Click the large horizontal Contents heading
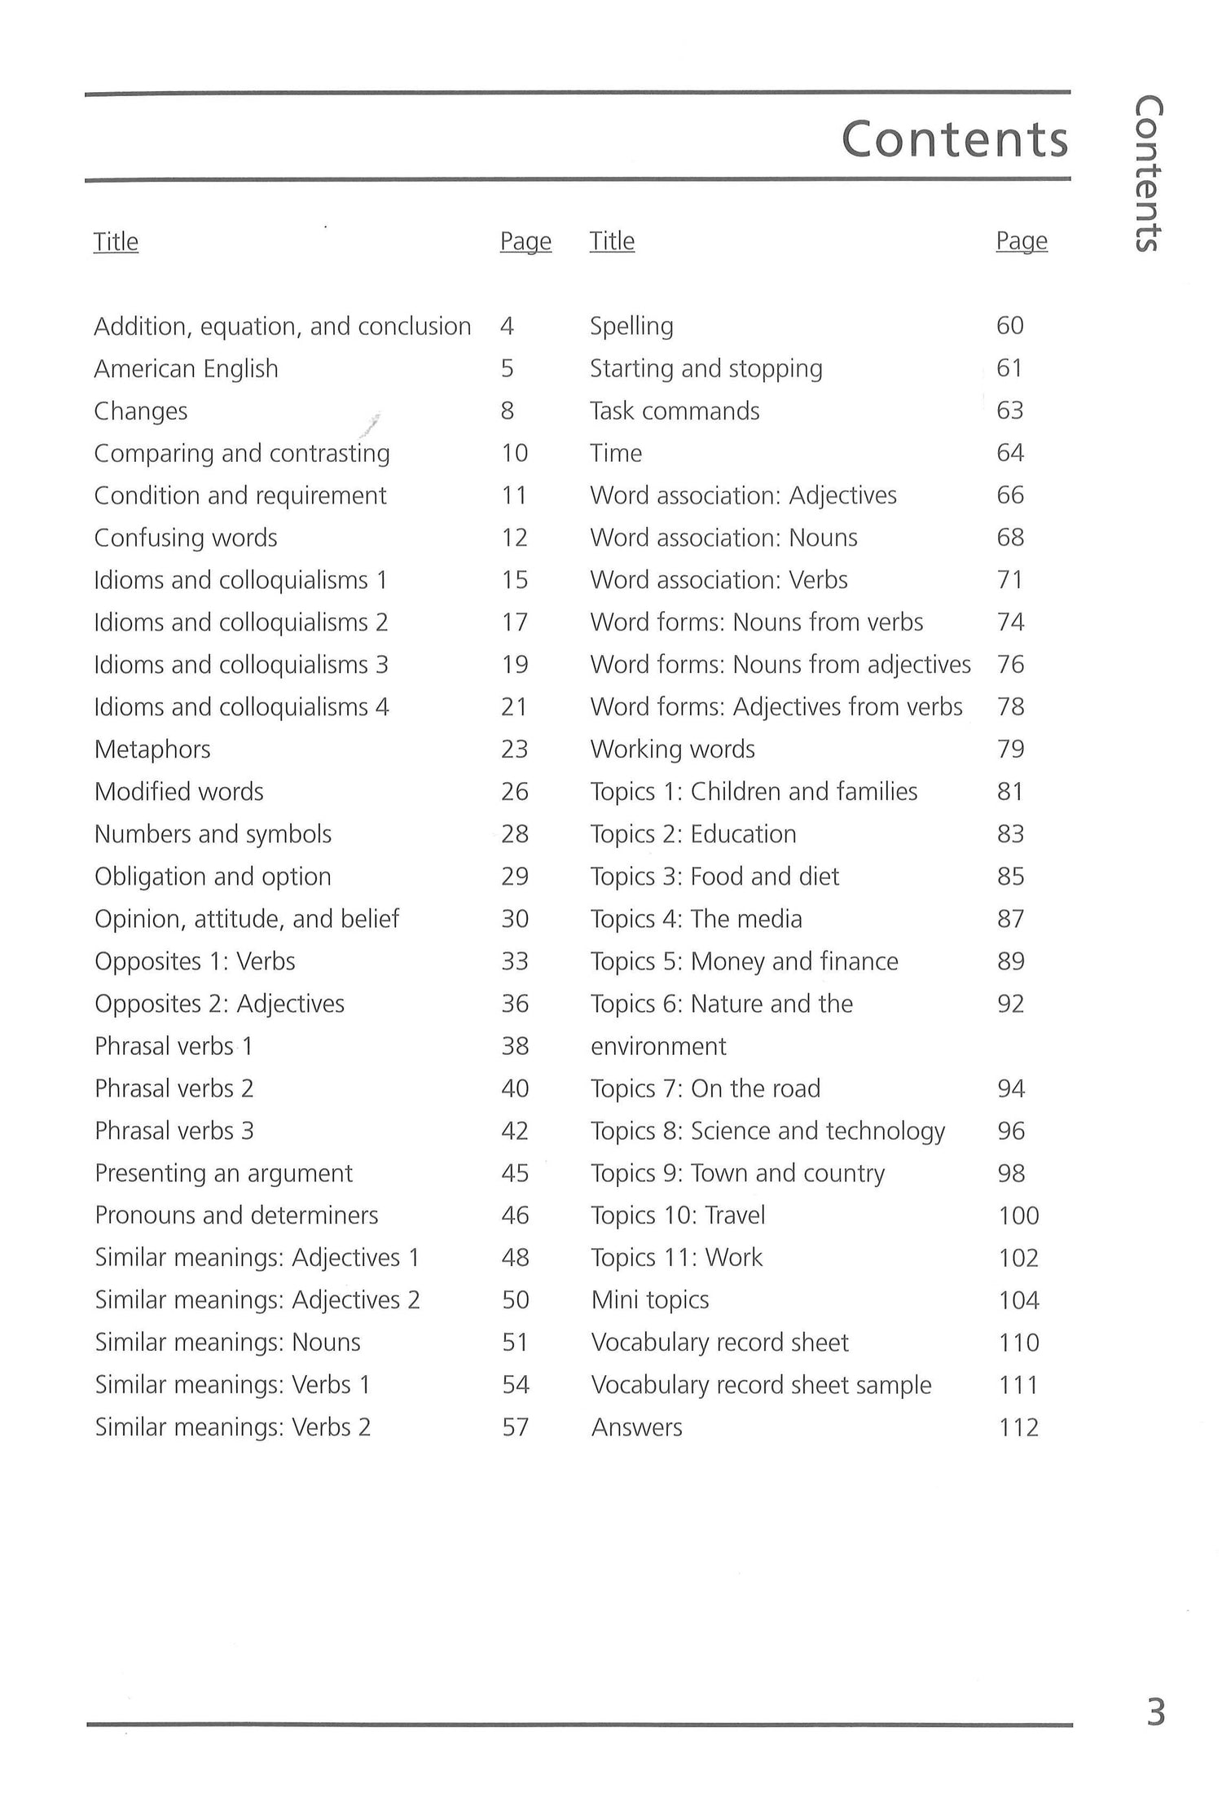coord(954,139)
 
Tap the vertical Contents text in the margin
coord(1149,174)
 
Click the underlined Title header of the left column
coord(116,242)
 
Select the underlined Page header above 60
coord(1021,241)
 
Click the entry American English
coord(186,369)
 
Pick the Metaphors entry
coord(152,750)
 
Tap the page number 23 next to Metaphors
coord(514,750)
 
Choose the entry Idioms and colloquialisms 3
coord(241,665)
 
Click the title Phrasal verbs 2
coord(174,1088)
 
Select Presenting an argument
coord(223,1173)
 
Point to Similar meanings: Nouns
coord(227,1343)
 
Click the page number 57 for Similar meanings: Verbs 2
coord(515,1427)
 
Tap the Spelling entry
coord(631,327)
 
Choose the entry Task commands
coord(675,411)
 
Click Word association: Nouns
coord(723,538)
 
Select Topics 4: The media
coord(696,919)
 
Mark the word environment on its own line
coord(658,1046)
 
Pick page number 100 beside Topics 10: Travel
coord(1018,1216)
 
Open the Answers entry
coord(636,1427)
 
